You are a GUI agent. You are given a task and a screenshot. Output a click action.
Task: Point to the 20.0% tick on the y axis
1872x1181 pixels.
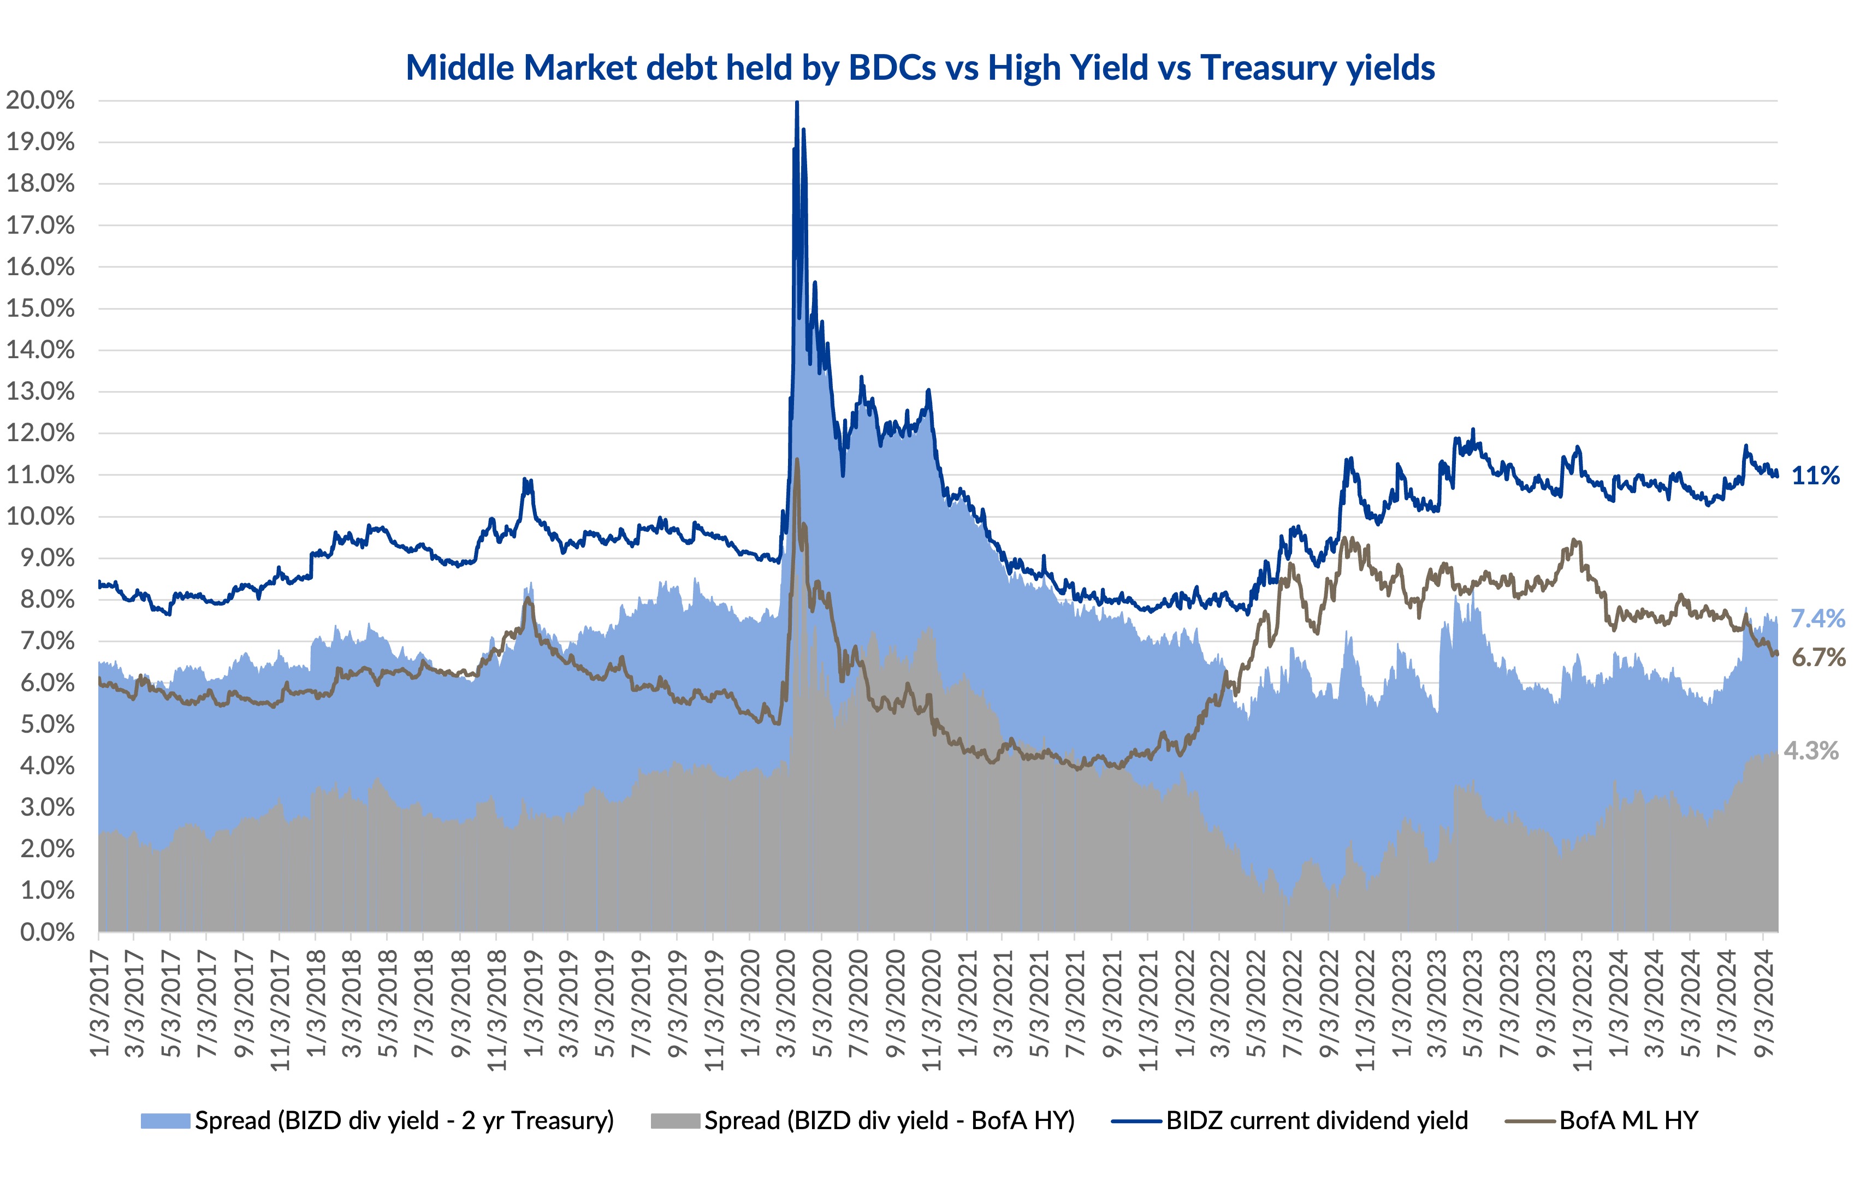tap(40, 100)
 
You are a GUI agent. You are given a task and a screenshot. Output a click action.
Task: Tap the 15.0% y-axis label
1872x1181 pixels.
tap(40, 308)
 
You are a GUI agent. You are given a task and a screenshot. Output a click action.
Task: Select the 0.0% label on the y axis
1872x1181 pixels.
tap(46, 931)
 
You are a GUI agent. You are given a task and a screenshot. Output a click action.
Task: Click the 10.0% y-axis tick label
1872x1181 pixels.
tap(40, 517)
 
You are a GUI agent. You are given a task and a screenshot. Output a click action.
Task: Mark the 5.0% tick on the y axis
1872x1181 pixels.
tap(46, 724)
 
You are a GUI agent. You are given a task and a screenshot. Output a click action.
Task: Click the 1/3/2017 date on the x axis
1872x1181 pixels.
tap(99, 1003)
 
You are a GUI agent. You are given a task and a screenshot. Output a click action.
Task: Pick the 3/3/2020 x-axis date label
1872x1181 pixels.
tap(786, 1003)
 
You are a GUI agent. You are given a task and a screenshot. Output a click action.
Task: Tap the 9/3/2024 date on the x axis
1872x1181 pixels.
tap(1764, 1003)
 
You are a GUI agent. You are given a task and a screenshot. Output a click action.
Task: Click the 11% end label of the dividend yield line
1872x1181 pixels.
tap(1815, 475)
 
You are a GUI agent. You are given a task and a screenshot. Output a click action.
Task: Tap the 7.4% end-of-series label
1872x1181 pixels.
tap(1817, 619)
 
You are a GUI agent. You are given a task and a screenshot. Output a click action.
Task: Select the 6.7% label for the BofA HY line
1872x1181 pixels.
tap(1817, 658)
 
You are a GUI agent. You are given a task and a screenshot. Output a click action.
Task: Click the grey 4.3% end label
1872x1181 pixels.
tap(1811, 751)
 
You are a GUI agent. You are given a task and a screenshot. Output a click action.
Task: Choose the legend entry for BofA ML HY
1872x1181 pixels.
tap(1628, 1120)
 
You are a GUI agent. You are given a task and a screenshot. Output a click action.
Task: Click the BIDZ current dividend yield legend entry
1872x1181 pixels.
tap(1316, 1120)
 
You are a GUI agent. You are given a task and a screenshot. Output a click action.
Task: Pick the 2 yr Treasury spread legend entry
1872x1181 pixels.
tap(404, 1120)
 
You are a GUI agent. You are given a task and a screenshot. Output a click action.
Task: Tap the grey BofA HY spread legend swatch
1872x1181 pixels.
tap(675, 1121)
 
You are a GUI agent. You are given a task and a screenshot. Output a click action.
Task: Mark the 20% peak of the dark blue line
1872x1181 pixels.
tap(797, 103)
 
